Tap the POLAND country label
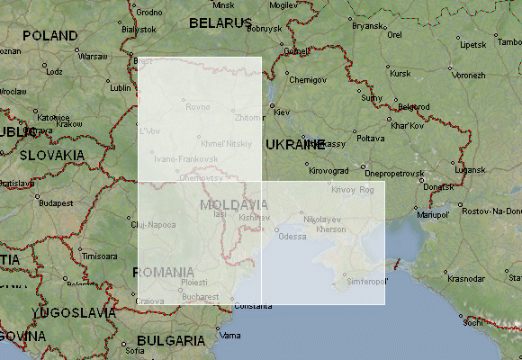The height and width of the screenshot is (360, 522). (49, 36)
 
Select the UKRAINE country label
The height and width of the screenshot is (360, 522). (294, 144)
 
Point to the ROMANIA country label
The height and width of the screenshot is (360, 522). (163, 272)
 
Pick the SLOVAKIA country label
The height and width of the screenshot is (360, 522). (51, 155)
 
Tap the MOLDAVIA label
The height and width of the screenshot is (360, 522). (234, 205)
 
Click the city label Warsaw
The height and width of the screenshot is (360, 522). (93, 56)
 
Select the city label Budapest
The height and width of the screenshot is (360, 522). (56, 203)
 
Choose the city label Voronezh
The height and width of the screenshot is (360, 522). (468, 76)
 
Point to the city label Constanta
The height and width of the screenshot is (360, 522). (254, 307)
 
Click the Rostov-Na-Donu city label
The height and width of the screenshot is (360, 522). (491, 211)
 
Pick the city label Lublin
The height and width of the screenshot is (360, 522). (120, 88)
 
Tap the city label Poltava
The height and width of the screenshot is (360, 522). (370, 139)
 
